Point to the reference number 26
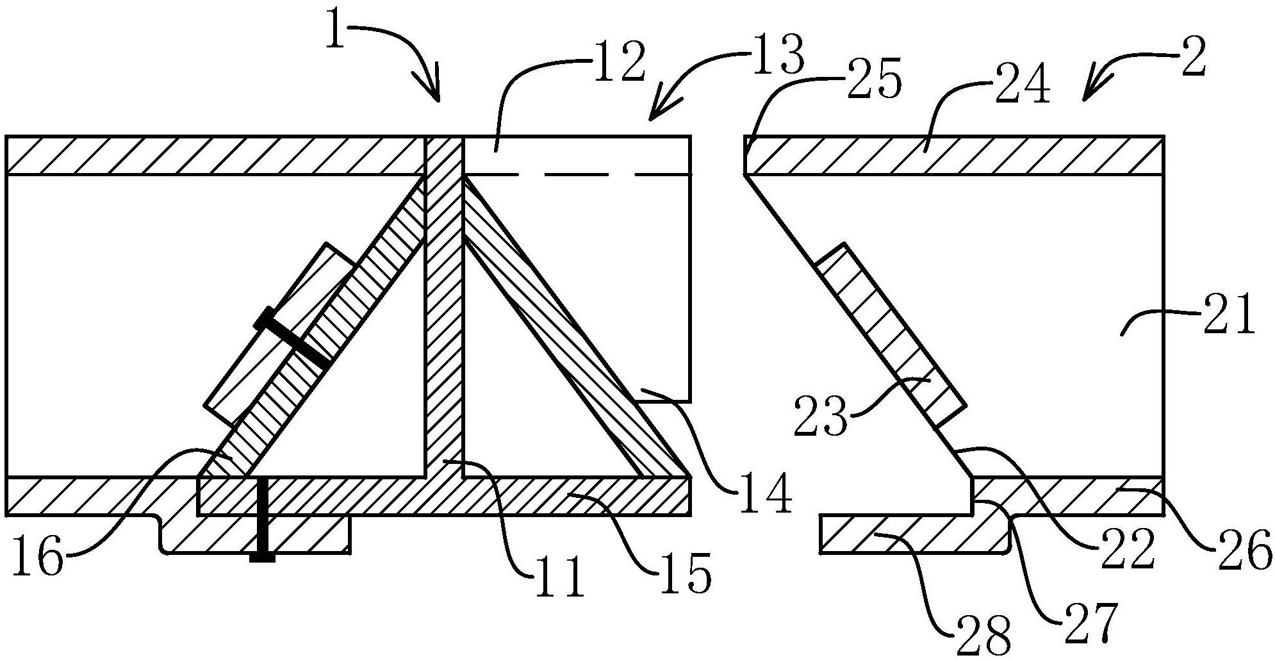click(x=1246, y=552)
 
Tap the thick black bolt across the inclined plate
click(x=293, y=338)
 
